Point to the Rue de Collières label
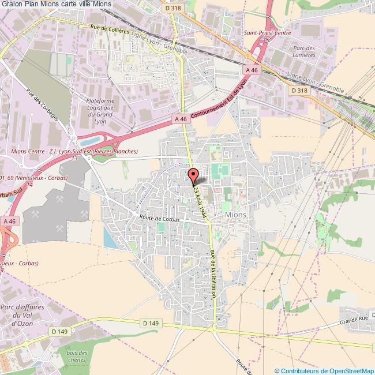click(x=110, y=29)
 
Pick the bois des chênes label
click(x=76, y=356)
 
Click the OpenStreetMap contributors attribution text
click(x=325, y=370)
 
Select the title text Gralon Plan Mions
click(x=57, y=5)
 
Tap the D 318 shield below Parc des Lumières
click(x=298, y=91)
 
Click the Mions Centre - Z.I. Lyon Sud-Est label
click(x=75, y=152)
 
